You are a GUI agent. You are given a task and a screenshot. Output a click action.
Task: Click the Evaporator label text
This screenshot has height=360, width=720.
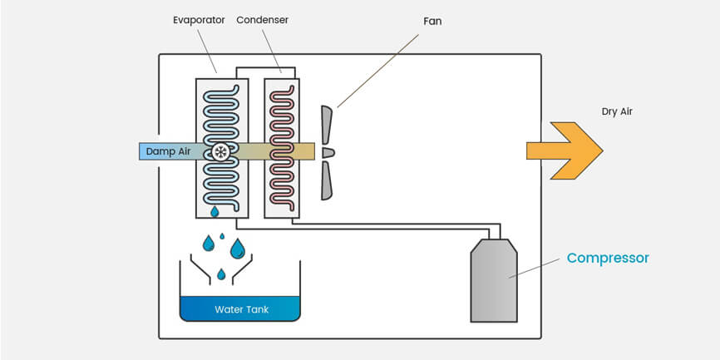[199, 20]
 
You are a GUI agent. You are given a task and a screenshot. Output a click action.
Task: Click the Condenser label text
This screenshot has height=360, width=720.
[262, 20]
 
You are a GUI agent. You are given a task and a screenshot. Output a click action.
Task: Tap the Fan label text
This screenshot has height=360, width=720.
[432, 21]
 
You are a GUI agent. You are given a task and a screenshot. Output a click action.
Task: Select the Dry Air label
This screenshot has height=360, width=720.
[617, 111]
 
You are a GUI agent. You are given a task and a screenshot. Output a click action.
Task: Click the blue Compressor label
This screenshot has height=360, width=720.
[608, 258]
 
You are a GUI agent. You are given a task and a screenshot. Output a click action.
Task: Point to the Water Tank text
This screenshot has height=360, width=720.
[242, 309]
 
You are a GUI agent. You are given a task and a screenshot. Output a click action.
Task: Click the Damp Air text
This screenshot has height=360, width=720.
[168, 151]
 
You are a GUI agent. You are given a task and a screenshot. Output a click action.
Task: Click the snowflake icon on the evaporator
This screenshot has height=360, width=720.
[221, 152]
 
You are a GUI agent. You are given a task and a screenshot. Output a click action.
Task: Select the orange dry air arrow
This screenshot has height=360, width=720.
[565, 150]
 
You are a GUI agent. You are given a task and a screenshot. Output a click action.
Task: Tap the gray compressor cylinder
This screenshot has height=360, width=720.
[494, 280]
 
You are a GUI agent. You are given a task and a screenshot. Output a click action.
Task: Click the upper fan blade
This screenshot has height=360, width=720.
[326, 125]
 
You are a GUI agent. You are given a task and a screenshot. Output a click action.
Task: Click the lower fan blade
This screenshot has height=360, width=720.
[326, 180]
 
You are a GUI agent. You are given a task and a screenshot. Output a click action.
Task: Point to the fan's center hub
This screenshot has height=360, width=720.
[328, 152]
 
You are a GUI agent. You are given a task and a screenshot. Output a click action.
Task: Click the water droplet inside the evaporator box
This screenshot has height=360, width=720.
[215, 211]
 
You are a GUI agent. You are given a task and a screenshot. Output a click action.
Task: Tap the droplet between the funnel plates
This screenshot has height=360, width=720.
[221, 274]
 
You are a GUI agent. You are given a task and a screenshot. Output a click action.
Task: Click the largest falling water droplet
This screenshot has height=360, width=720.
[238, 249]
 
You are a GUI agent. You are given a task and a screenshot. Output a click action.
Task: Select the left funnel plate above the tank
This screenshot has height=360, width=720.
[200, 269]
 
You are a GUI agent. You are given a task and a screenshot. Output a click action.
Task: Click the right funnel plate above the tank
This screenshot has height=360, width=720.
[242, 269]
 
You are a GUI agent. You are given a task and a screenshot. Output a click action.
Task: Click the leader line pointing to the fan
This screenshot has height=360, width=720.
[378, 71]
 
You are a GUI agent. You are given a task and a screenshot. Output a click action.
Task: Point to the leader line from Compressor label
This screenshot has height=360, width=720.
[534, 268]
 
